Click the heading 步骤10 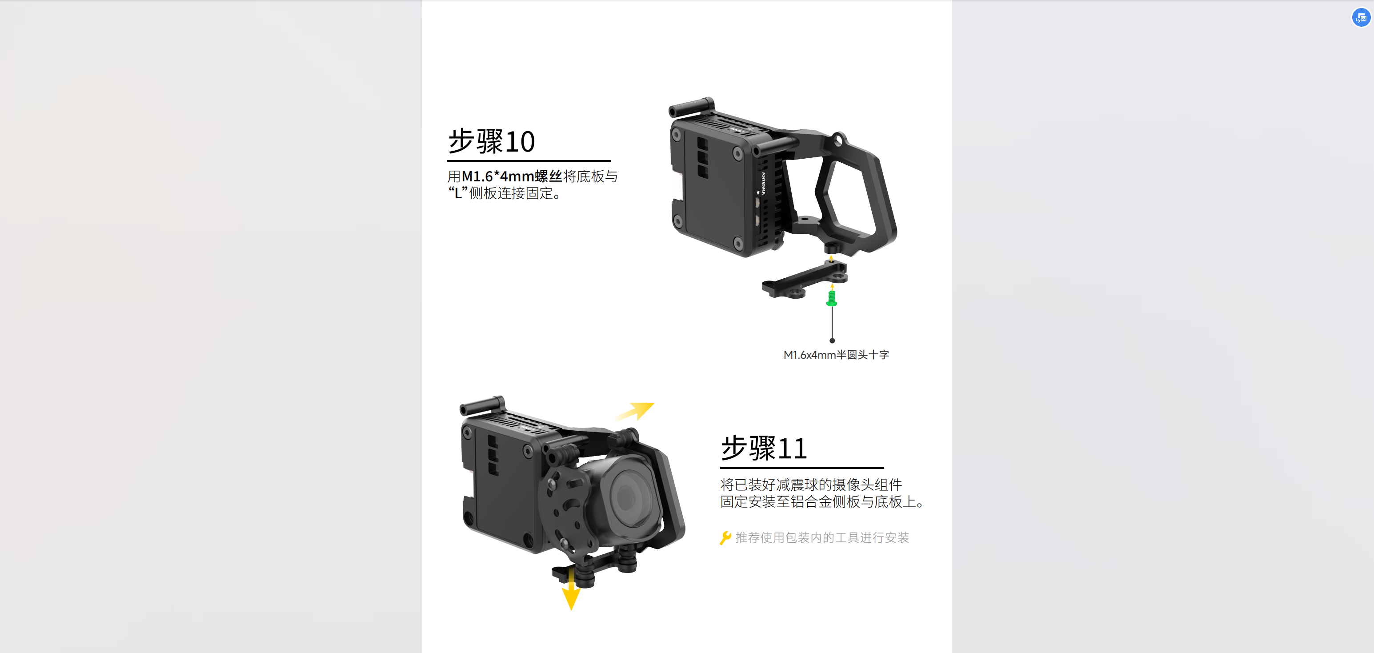[x=491, y=141]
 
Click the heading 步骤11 [x=764, y=448]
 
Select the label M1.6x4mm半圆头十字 [x=836, y=355]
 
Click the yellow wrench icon [x=725, y=538]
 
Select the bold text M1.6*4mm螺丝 [x=512, y=176]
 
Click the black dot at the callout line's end [x=832, y=341]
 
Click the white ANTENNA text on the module [x=763, y=184]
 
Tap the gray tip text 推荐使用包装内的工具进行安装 [x=822, y=538]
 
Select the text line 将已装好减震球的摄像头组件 [x=811, y=485]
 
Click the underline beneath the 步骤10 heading [x=529, y=160]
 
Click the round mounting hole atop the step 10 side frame [x=838, y=140]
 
